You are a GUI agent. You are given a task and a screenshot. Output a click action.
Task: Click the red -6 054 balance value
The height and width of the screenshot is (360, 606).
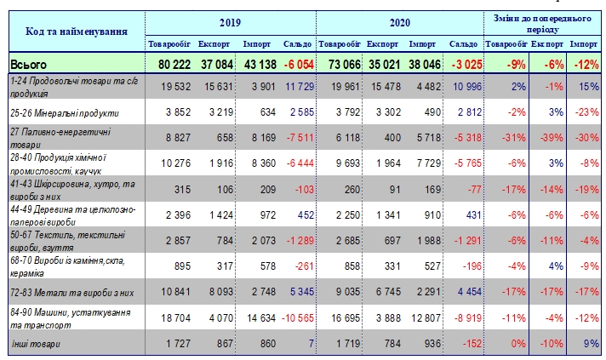(x=297, y=64)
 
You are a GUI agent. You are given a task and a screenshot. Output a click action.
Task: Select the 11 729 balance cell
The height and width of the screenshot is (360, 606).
(x=297, y=86)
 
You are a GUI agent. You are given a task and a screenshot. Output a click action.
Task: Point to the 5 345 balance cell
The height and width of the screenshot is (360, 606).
(x=298, y=291)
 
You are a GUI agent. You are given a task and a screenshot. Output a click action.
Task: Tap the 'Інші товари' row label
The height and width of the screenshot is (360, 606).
(x=36, y=344)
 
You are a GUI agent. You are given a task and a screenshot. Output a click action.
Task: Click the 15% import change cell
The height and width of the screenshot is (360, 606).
(x=588, y=86)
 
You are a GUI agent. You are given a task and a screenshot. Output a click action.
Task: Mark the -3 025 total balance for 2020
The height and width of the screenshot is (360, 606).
(x=464, y=64)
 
